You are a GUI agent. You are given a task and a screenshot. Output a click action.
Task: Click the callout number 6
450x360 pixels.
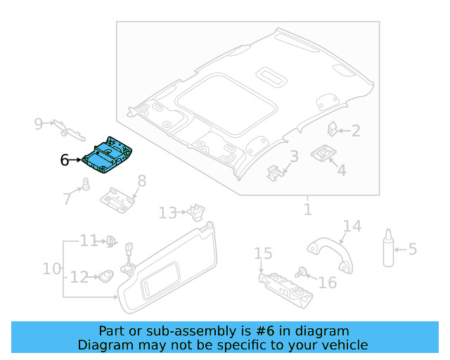tap(65, 160)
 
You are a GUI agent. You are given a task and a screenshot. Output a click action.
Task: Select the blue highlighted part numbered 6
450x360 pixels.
tap(109, 154)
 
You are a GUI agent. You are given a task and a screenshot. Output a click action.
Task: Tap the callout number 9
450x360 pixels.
tap(39, 124)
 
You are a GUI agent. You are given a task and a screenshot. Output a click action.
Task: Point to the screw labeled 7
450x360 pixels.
tap(86, 184)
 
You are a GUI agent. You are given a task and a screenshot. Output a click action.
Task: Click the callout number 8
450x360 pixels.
tap(141, 181)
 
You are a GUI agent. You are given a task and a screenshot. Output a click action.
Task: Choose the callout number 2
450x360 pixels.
tap(356, 130)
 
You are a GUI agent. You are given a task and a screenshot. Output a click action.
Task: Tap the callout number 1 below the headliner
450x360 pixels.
tap(307, 209)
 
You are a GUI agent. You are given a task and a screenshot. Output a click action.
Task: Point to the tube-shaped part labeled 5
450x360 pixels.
tap(388, 248)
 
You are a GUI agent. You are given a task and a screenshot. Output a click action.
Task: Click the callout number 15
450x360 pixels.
tap(263, 253)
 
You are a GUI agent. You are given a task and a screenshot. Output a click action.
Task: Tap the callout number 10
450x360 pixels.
tap(52, 269)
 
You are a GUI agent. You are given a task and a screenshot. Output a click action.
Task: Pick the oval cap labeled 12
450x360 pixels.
tap(105, 276)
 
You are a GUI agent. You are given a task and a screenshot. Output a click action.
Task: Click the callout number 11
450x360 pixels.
tap(88, 241)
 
